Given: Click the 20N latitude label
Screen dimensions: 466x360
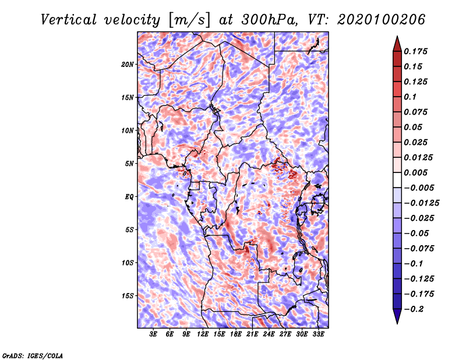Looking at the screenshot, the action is point(128,65).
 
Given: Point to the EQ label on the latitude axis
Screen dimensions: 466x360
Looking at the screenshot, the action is point(129,197).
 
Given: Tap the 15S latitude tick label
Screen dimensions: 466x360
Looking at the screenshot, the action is point(128,296).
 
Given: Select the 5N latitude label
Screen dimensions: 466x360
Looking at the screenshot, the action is point(129,164).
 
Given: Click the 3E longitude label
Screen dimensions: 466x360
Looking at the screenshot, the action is point(153,334).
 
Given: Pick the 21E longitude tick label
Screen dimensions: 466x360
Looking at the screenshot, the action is point(252,334).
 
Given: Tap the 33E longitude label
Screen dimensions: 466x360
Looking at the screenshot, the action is point(318,334).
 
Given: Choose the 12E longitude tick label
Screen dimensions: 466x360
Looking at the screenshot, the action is point(203,334).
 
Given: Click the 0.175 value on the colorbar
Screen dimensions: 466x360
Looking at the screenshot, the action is point(415,51).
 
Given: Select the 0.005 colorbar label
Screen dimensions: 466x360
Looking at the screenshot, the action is point(415,172).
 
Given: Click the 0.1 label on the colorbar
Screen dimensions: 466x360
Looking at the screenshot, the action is point(410,97).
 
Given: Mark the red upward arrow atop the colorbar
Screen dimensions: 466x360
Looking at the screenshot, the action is point(397,44).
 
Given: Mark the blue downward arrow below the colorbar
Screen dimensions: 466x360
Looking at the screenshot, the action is point(397,316).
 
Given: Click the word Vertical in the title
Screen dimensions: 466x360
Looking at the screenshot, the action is point(68,20).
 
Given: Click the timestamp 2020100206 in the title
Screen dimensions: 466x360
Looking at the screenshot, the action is point(382,20).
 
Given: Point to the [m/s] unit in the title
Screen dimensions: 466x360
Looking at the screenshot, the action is point(189,20).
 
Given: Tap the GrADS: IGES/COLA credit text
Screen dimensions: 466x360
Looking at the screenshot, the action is point(33,355).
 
